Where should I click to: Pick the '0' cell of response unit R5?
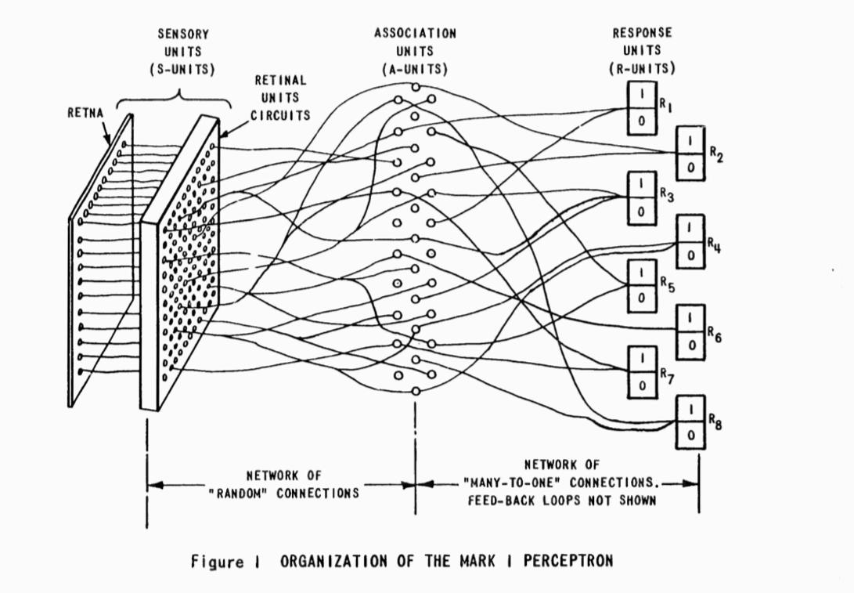[641, 297]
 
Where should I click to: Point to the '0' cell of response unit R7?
[641, 384]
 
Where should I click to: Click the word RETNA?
[85, 112]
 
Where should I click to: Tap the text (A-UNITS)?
[415, 69]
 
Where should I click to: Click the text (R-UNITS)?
[643, 69]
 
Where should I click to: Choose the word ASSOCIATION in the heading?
[415, 34]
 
